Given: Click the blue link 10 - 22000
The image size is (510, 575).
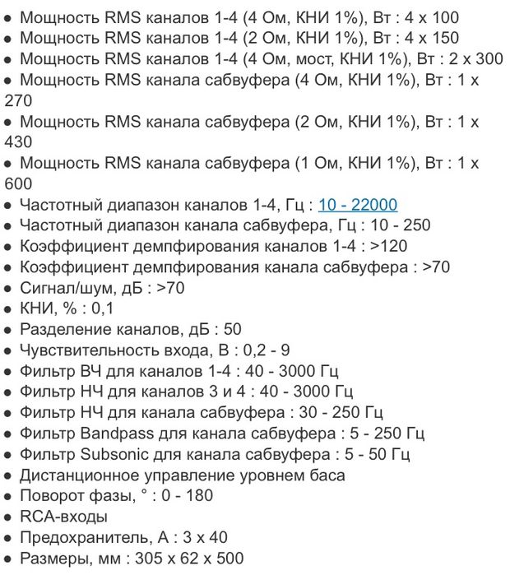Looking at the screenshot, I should point(358,204).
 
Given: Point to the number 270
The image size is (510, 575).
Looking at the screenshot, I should point(20,100).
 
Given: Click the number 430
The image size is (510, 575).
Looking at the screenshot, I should point(20,141).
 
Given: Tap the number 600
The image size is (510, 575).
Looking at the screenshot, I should point(20,183).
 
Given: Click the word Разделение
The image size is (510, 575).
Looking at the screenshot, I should point(66,330).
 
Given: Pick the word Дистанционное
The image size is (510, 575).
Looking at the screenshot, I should point(84,475).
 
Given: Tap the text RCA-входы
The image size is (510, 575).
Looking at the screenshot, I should point(63,517).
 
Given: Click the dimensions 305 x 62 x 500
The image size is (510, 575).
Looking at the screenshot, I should point(184,559).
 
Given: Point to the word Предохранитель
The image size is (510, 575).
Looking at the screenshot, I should point(82,538).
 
